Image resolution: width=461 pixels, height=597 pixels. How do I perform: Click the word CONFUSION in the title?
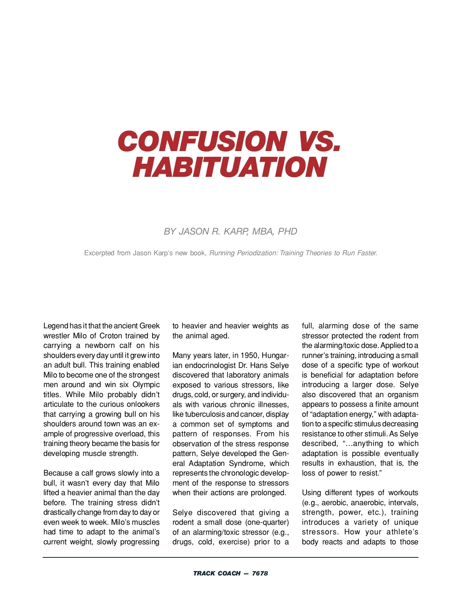point(202,141)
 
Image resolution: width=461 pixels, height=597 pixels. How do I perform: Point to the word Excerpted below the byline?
point(99,253)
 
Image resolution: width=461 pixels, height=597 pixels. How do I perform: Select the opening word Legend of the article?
point(56,326)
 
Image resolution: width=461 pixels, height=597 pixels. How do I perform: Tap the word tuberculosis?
point(205,414)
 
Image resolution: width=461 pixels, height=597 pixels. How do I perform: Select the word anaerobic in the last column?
point(366,502)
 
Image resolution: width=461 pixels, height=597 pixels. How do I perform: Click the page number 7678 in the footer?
point(260,573)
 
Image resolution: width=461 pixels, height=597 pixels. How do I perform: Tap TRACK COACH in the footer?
point(217,573)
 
